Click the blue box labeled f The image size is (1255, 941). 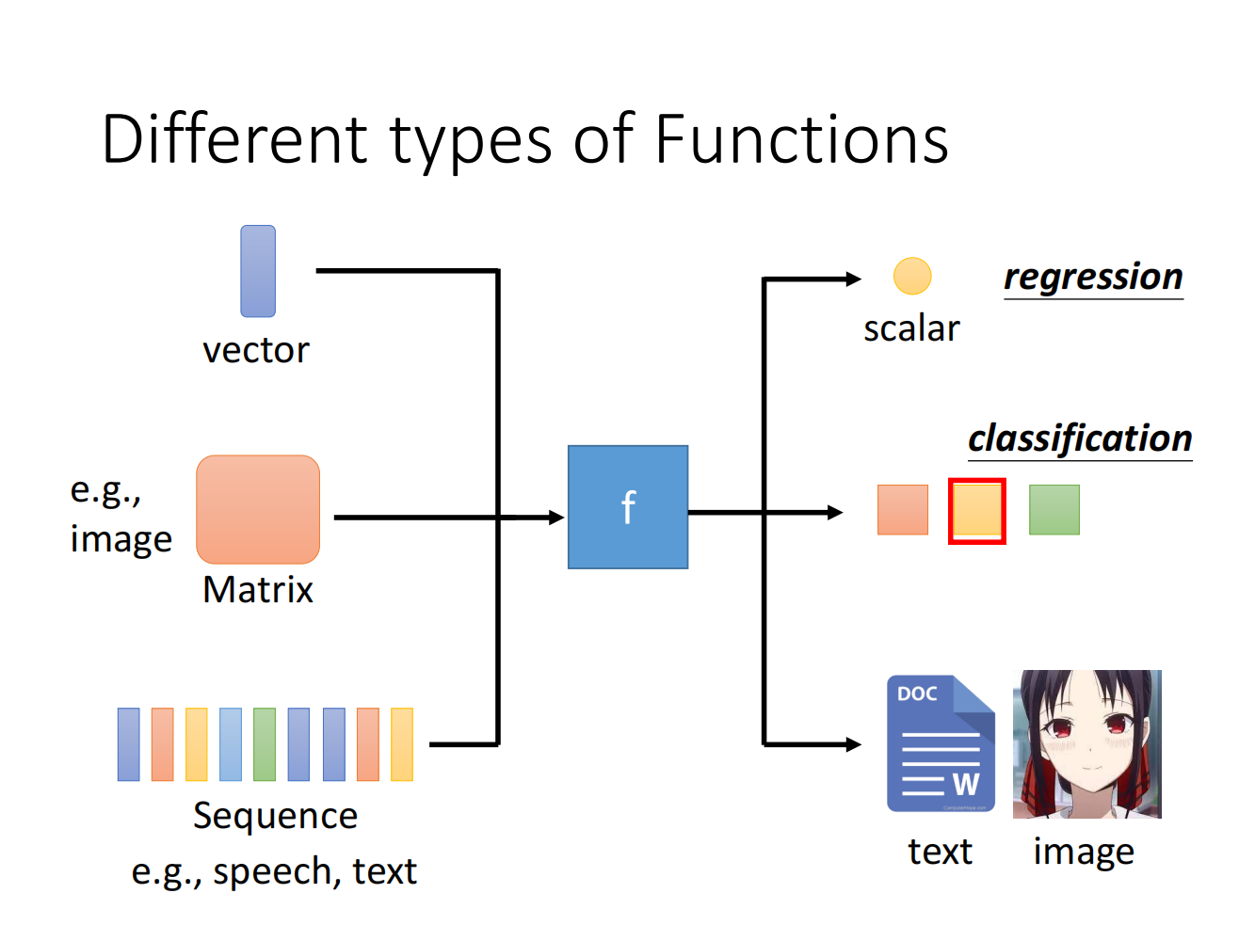tap(628, 507)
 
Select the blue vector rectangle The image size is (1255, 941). tap(258, 271)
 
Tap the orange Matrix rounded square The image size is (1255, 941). tap(258, 509)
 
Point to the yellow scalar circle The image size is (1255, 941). tap(912, 277)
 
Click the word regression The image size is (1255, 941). tap(1093, 277)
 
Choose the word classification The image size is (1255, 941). tap(1080, 439)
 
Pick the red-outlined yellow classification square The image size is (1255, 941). tap(977, 511)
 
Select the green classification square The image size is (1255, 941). tap(1054, 510)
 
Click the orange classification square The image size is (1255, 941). tap(903, 510)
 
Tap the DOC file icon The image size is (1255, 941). tap(941, 743)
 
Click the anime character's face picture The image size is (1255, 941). tap(1087, 743)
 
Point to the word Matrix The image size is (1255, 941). tap(258, 590)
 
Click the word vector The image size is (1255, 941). tap(256, 350)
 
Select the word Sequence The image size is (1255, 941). tap(275, 816)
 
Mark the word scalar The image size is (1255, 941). tap(911, 328)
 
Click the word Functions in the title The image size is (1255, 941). tap(800, 140)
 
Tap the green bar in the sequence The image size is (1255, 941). tap(265, 744)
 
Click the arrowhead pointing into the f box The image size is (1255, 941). tap(556, 518)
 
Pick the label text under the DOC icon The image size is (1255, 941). tap(940, 852)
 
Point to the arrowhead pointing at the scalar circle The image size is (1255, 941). tap(853, 279)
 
